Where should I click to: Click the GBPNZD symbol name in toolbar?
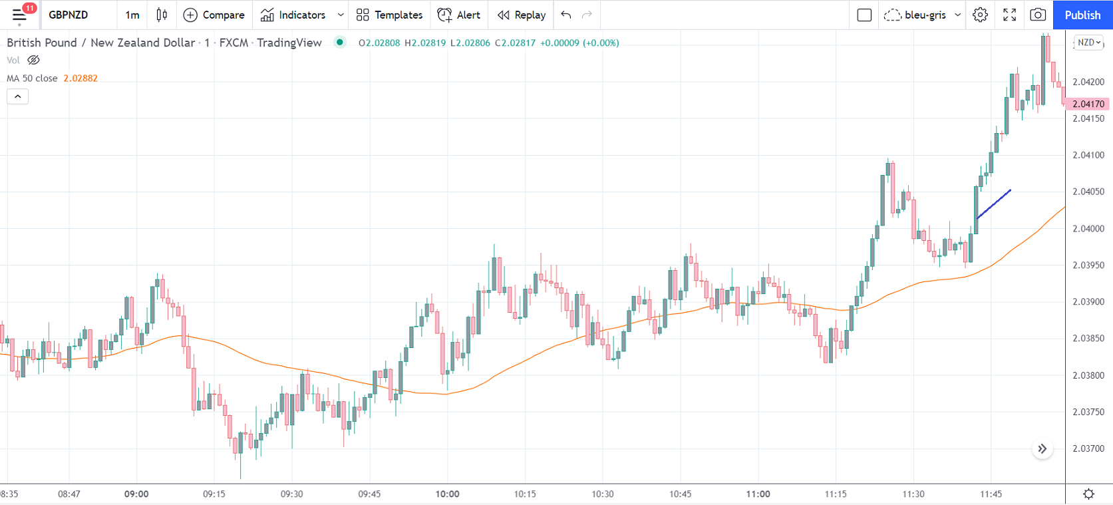coord(68,15)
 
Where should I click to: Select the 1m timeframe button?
coord(132,15)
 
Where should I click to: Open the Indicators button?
coord(293,15)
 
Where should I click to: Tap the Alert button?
coord(459,15)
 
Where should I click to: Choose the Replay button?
coord(522,15)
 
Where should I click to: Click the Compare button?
coord(214,15)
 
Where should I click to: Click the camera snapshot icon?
coord(1037,15)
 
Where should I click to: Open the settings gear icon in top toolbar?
coord(980,15)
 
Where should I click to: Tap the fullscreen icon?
coord(1009,15)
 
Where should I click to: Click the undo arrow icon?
coord(566,15)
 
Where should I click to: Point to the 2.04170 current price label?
coord(1088,104)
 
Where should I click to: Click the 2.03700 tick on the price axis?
coord(1088,448)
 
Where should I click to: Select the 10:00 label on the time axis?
coord(447,494)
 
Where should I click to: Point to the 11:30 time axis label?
coord(913,494)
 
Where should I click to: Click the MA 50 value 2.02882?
coord(80,79)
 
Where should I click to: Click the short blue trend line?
coord(994,204)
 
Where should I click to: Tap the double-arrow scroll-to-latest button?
coord(1042,449)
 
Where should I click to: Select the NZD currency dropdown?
coord(1088,43)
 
